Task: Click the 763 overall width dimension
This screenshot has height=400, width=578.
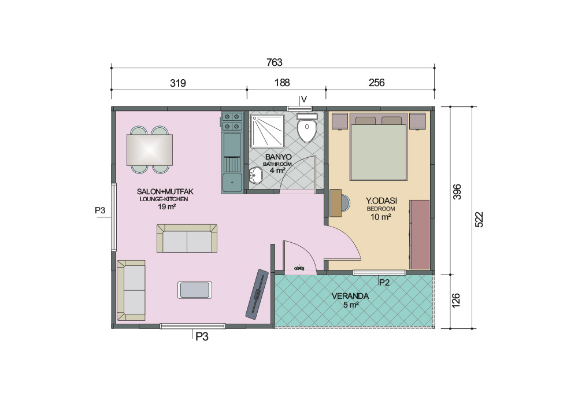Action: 274,62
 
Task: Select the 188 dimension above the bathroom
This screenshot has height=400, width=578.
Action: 282,83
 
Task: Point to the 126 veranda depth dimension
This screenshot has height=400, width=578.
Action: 456,301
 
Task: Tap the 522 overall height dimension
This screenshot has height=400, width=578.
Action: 479,219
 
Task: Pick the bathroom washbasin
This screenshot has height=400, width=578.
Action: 255,175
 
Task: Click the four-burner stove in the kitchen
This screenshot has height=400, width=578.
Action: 232,121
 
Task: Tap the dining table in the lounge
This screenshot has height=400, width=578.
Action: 150,150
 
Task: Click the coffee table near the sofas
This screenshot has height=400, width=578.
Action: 195,290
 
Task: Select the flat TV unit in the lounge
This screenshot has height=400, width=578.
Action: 257,294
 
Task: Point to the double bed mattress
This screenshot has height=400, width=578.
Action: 379,152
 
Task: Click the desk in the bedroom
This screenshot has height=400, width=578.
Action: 336,203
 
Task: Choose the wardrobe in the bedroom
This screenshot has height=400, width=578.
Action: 420,235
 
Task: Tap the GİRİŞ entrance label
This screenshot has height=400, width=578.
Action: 299,269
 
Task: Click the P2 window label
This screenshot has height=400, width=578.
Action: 384,283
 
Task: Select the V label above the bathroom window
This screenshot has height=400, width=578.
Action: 304,99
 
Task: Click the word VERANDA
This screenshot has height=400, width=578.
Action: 350,296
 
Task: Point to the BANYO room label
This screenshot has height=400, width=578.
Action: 279,157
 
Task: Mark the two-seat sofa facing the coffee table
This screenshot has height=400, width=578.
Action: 187,238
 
